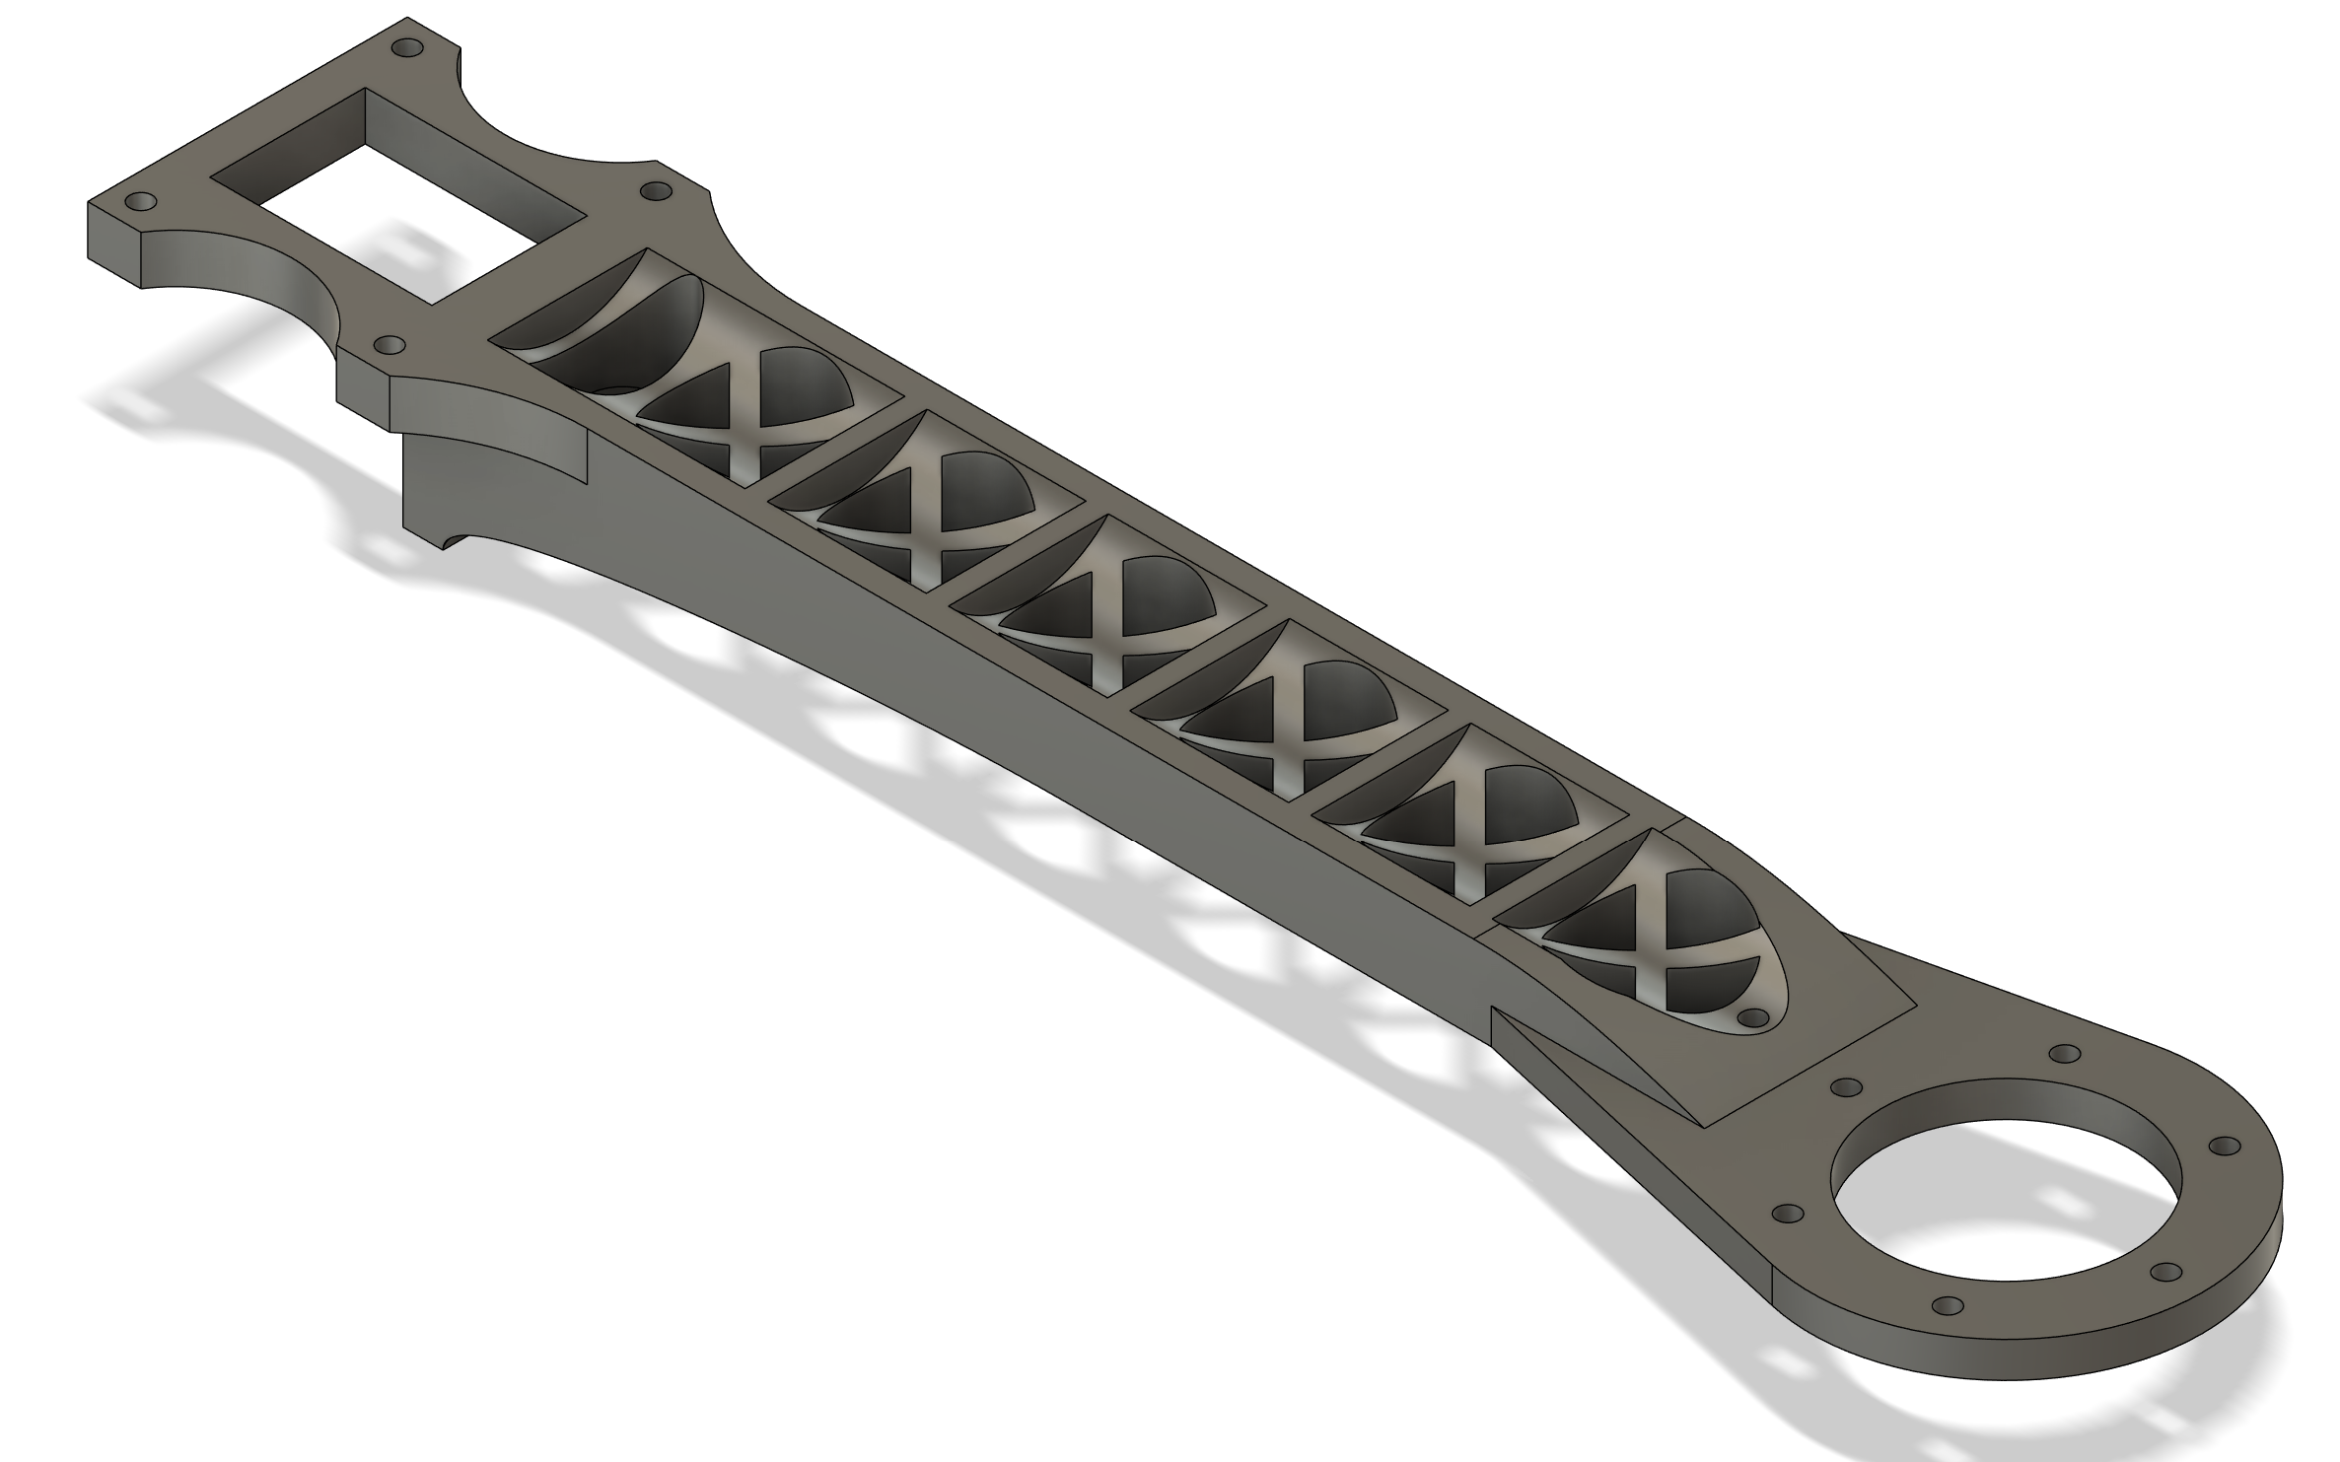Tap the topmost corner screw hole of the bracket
[x=402, y=47]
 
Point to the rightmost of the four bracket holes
[x=654, y=189]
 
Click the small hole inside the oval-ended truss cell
[x=1752, y=1016]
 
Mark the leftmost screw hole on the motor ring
[x=1787, y=1212]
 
